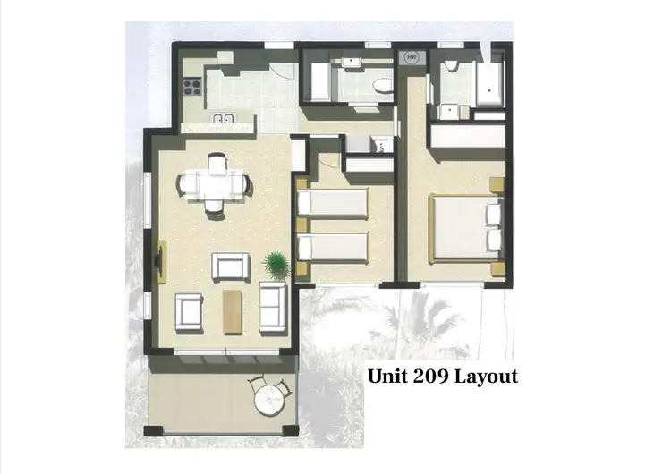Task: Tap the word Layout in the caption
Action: (x=487, y=377)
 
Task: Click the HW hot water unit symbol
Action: (x=412, y=58)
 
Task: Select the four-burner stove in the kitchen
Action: (x=192, y=87)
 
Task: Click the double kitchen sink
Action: (x=224, y=119)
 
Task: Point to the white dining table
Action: (x=216, y=184)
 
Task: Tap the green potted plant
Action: (x=276, y=265)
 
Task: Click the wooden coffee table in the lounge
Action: (x=233, y=310)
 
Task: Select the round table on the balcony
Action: (x=269, y=402)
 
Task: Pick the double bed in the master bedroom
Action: (x=463, y=227)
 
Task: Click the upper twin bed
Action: (x=332, y=203)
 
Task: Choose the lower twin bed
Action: (x=332, y=249)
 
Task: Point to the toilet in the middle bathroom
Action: (x=382, y=88)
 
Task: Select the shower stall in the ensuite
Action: (x=488, y=81)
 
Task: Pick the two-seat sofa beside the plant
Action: (x=271, y=307)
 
